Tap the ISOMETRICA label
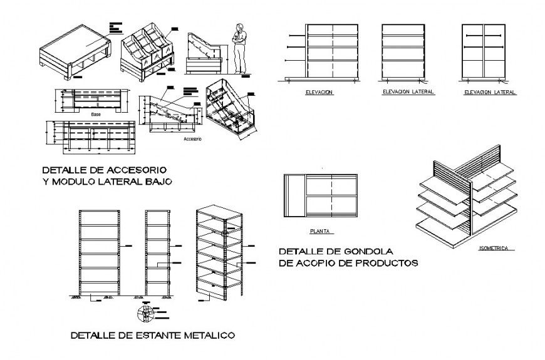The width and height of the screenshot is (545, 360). (494, 249)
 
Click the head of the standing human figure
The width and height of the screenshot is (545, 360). (238, 27)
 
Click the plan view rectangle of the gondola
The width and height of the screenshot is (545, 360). (321, 195)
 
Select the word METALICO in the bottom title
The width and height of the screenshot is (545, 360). (210, 336)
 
